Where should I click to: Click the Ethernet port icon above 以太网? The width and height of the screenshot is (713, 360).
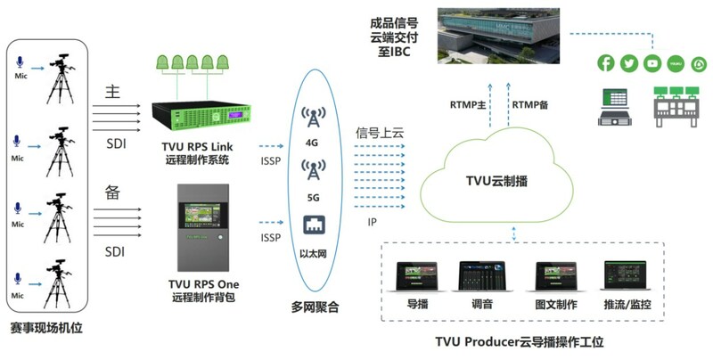click(x=312, y=225)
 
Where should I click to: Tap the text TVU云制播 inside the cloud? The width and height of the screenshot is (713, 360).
click(x=497, y=180)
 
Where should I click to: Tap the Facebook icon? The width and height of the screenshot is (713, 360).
click(x=607, y=63)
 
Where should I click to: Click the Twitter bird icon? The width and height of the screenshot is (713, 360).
click(x=629, y=63)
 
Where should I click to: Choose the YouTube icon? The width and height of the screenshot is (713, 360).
click(x=653, y=63)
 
